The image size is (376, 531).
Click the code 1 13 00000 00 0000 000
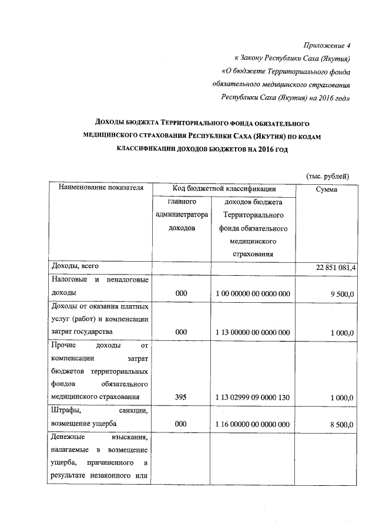pyautogui.click(x=253, y=332)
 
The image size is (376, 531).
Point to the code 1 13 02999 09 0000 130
pyautogui.click(x=253, y=397)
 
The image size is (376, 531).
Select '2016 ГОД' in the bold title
pyautogui.click(x=272, y=149)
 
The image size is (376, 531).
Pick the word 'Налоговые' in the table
pyautogui.click(x=69, y=279)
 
